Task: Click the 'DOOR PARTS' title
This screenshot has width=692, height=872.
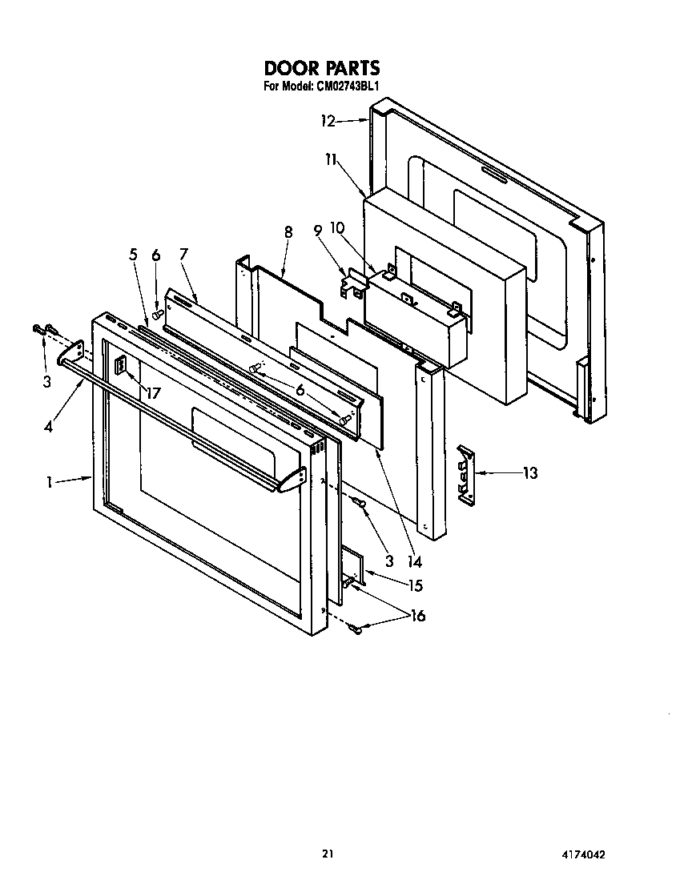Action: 321,68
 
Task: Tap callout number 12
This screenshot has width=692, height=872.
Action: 328,122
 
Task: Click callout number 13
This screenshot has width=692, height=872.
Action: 529,472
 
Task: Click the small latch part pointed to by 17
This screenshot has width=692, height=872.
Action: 122,367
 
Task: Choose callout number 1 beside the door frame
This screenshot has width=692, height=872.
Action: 49,482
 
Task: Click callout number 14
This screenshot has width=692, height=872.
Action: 414,561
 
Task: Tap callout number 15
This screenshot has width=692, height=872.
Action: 415,585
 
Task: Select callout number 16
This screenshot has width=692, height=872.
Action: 417,616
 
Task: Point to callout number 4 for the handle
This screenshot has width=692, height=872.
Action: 50,427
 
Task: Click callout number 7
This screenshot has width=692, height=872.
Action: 183,255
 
